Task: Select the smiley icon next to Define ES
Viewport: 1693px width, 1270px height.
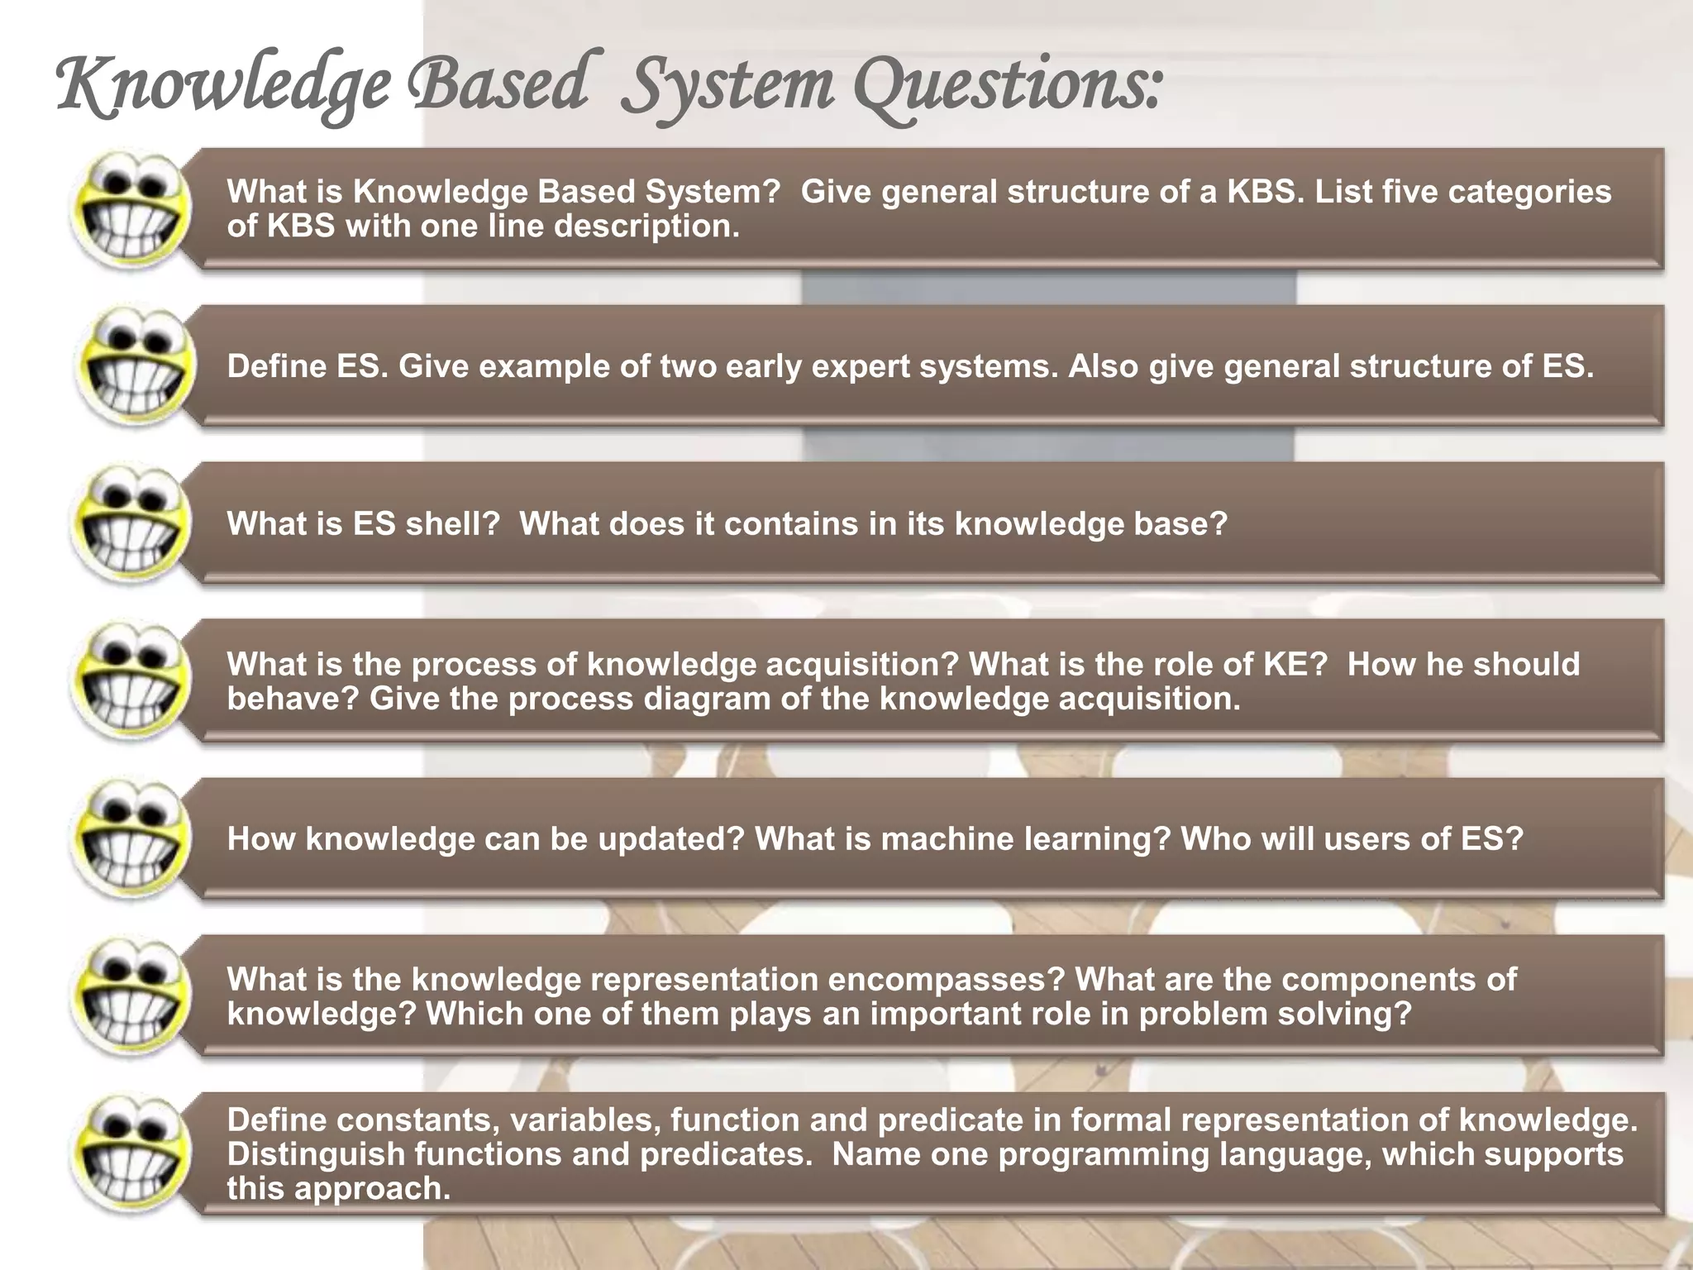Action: (134, 366)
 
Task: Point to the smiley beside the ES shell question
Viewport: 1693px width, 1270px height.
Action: (131, 524)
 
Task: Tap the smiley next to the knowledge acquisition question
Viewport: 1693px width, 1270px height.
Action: (131, 681)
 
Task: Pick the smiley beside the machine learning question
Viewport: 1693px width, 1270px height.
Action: (131, 838)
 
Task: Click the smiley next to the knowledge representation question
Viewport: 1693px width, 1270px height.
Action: (131, 995)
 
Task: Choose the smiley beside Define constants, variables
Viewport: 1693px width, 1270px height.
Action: (131, 1153)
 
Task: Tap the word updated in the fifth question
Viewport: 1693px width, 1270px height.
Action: (676, 839)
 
